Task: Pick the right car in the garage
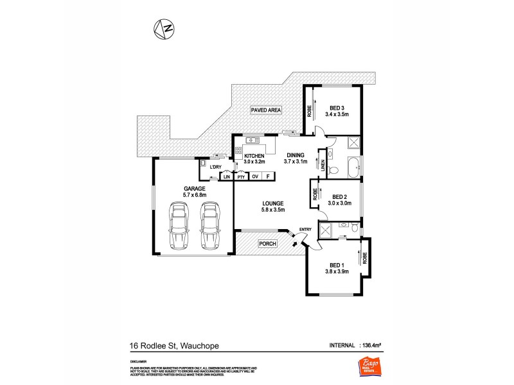(210, 226)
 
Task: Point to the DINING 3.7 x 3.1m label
(295, 158)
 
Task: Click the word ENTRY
(305, 230)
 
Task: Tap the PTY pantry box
(240, 176)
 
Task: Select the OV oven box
(255, 176)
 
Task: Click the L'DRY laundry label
(215, 167)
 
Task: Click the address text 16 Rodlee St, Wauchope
(174, 346)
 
